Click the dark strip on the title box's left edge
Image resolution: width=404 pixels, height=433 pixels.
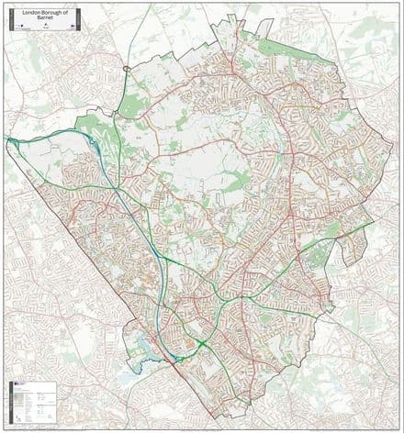point(9,18)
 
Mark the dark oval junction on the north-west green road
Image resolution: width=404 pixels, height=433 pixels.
point(126,68)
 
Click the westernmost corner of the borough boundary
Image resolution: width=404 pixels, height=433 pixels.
point(8,139)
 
